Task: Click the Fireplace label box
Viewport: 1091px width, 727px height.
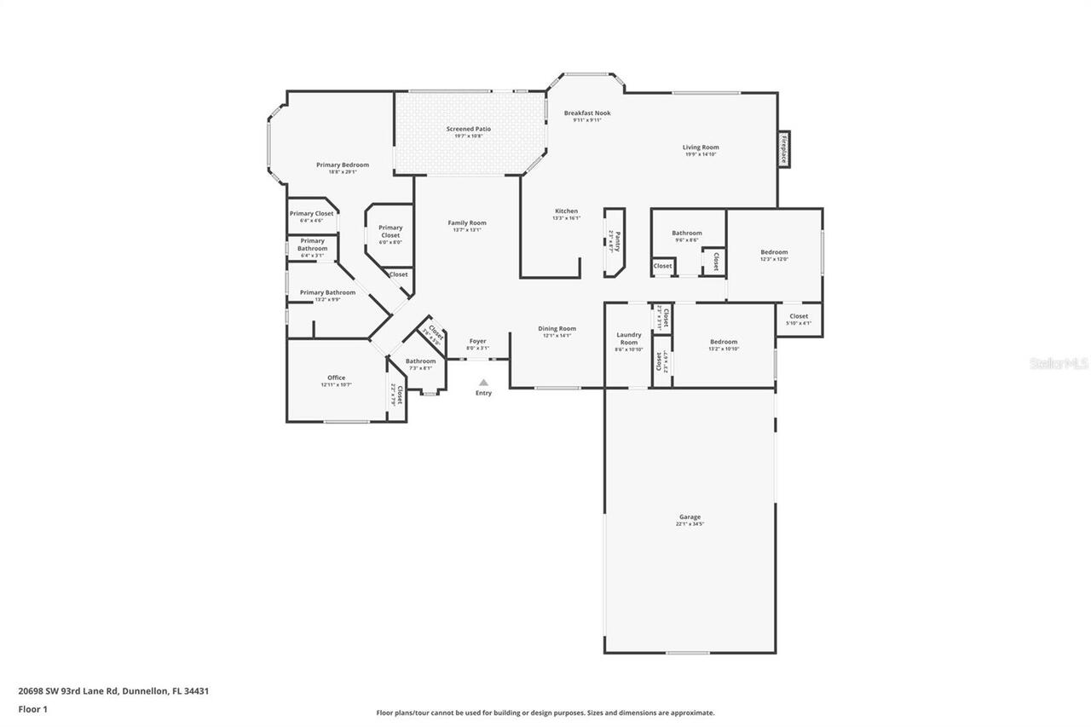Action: click(x=783, y=148)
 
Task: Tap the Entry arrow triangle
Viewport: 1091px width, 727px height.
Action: click(x=483, y=383)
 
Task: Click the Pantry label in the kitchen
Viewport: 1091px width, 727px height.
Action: click(x=615, y=242)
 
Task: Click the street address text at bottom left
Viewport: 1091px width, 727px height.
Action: click(x=113, y=691)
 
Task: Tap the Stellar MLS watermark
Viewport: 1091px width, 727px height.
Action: click(x=1059, y=363)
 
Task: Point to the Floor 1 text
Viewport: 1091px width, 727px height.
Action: click(x=32, y=708)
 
